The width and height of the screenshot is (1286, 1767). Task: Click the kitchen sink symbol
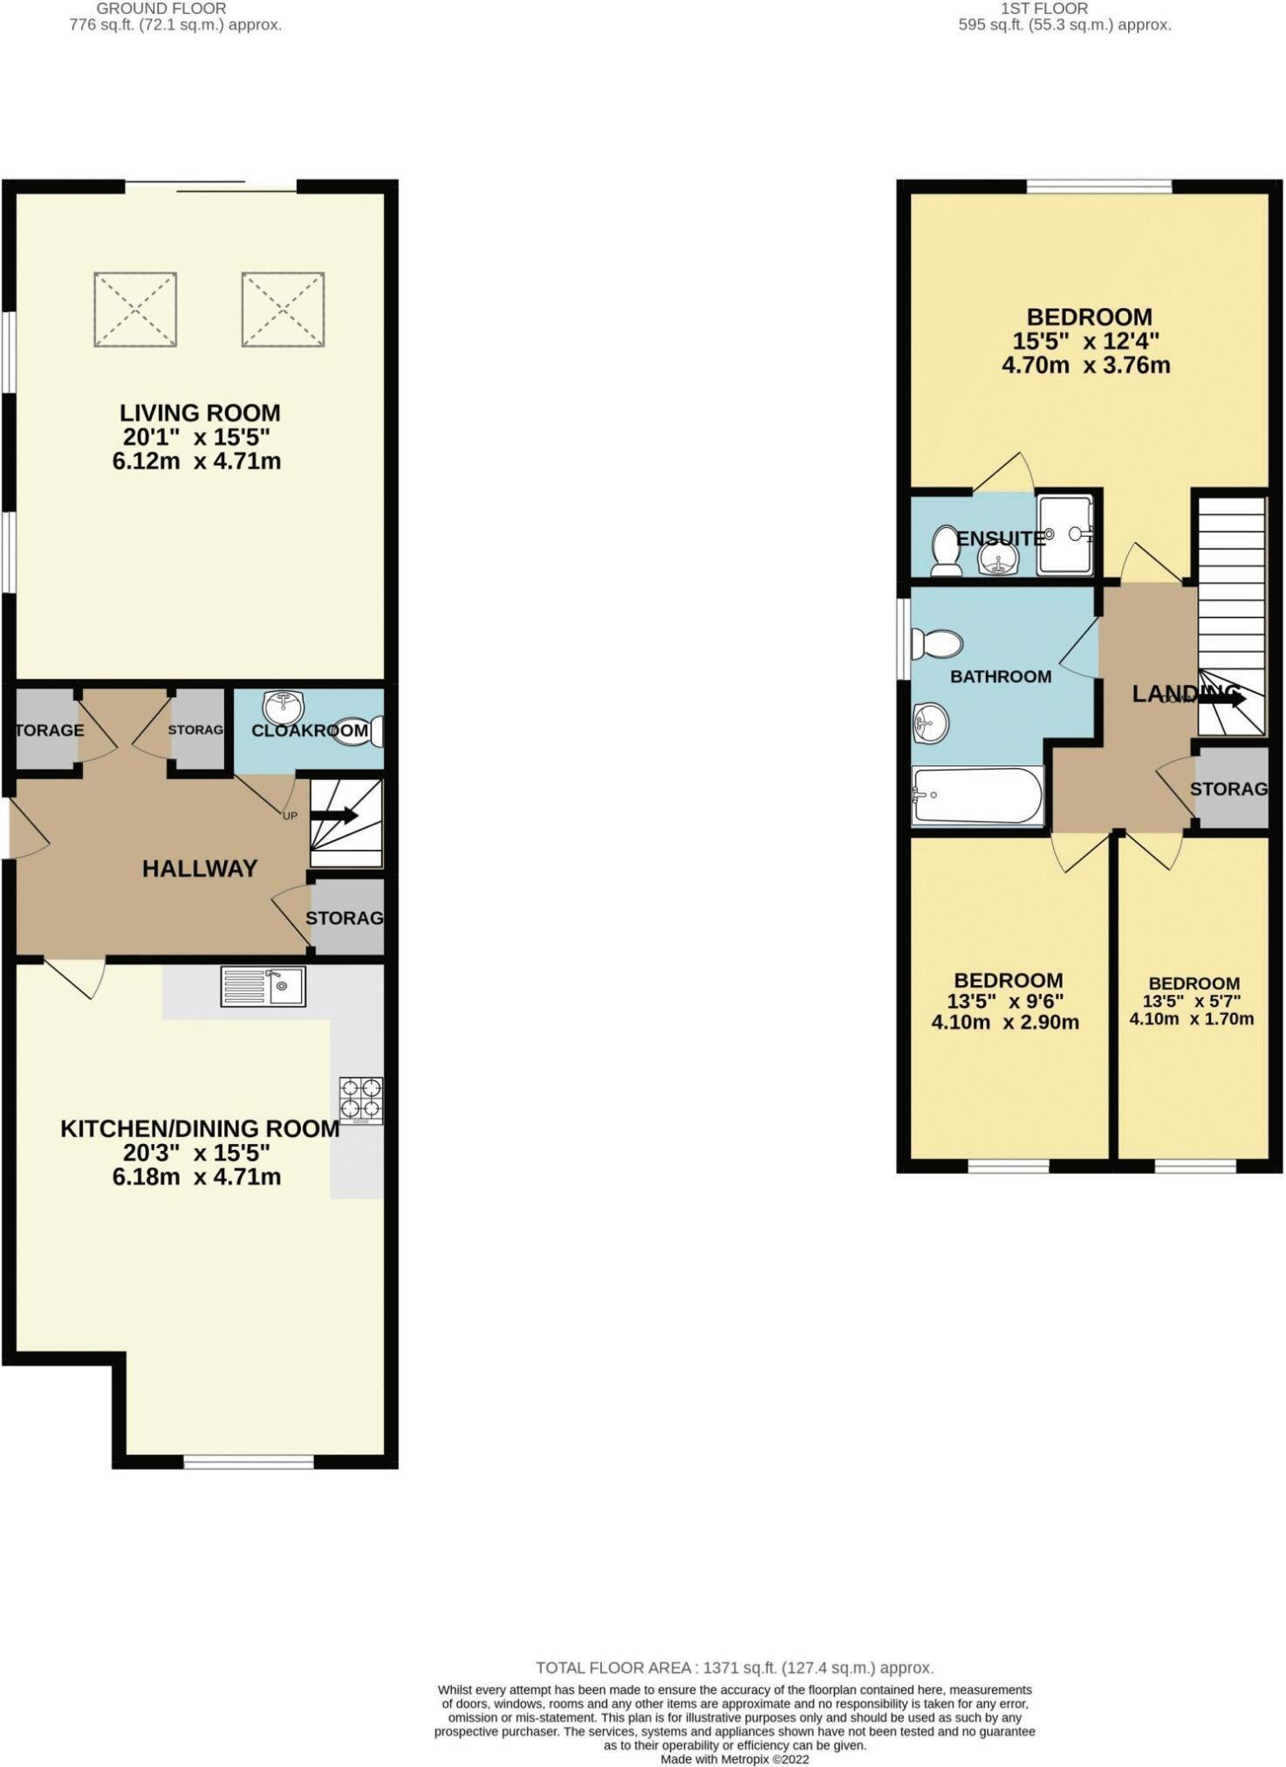[x=263, y=987]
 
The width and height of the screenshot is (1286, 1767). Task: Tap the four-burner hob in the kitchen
[x=361, y=1099]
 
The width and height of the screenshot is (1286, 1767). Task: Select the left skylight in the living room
[x=135, y=309]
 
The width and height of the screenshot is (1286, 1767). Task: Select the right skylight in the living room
[x=284, y=309]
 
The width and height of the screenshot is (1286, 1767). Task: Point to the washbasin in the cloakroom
[x=284, y=706]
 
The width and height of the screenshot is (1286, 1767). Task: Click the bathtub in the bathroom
[x=976, y=795]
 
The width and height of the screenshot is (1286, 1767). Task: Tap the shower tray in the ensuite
[x=1064, y=534]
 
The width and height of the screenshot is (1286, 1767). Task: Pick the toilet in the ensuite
[x=944, y=551]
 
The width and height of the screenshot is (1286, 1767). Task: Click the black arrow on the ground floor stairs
[x=334, y=816]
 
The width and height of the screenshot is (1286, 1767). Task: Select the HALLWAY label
[x=200, y=868]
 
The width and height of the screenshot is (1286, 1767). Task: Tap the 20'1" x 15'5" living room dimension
[x=196, y=437]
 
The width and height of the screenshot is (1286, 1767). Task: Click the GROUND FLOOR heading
[x=161, y=8]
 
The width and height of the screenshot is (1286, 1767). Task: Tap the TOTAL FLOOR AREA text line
[x=735, y=1668]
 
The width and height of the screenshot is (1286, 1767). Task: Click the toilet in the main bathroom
[x=937, y=644]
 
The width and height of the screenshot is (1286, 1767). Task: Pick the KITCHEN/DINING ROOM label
[x=200, y=1128]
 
